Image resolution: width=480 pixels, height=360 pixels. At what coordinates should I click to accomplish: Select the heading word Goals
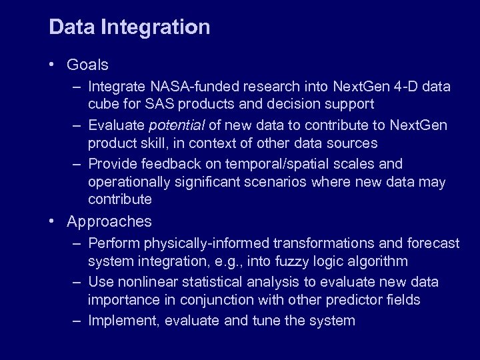tap(87, 65)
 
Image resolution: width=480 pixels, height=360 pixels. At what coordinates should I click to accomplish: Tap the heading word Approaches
tap(109, 221)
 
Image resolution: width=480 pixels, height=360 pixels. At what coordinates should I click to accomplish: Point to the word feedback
tap(163, 164)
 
